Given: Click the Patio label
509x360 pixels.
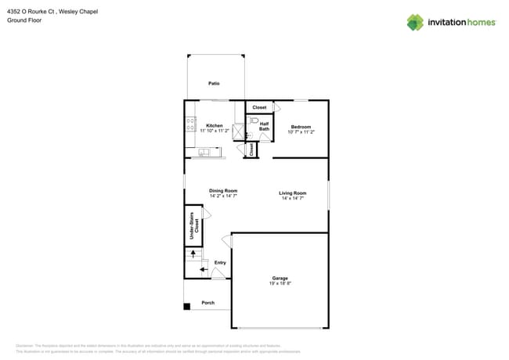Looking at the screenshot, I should point(214,83).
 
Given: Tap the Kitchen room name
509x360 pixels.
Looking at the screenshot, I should point(214,125).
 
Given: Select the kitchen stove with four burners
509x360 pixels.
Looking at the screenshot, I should point(190,124).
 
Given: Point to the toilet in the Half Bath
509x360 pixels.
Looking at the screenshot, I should point(254,121).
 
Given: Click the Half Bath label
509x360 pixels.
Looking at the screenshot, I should point(264,125).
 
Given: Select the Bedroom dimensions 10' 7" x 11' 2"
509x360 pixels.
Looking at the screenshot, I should point(301,132).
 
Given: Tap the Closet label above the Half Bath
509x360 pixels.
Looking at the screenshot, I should point(259,107).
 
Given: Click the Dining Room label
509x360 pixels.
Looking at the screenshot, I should point(223,190).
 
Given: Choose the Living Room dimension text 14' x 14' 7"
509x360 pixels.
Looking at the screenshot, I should point(292,199).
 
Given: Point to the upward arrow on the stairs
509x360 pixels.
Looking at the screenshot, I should point(193,254).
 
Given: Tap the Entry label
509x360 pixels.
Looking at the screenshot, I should point(220,262).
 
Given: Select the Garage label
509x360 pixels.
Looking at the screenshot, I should point(280,278).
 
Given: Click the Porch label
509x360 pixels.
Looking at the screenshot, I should point(208,303).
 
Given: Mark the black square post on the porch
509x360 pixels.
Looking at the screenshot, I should point(187,306).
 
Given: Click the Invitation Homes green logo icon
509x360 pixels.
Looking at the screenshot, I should point(414,22).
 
